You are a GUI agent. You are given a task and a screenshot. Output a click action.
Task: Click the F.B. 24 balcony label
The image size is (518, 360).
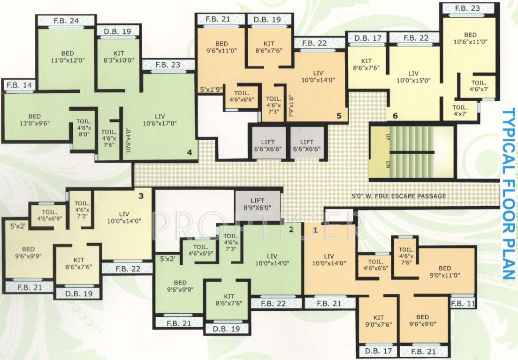click(x=66, y=21)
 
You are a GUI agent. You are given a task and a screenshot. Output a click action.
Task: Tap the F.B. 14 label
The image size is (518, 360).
click(x=19, y=85)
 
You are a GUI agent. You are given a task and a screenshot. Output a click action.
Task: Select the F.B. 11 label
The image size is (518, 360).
click(x=463, y=304)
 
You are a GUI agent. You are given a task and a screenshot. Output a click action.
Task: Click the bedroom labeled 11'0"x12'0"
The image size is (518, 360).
click(x=70, y=57)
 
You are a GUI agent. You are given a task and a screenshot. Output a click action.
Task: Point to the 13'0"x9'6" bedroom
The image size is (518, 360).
click(x=35, y=120)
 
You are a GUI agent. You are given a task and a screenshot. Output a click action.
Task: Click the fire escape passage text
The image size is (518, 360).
click(x=399, y=196)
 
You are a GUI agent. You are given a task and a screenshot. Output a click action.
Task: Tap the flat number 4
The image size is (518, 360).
click(x=189, y=152)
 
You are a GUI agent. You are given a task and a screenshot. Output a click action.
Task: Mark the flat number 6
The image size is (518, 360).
click(x=395, y=116)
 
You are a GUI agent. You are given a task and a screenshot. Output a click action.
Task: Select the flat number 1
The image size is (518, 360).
click(x=315, y=230)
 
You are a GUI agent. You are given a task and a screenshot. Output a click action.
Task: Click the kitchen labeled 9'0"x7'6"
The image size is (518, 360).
click(x=379, y=321)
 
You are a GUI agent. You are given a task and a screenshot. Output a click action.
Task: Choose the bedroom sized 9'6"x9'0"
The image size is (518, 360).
click(x=422, y=321)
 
